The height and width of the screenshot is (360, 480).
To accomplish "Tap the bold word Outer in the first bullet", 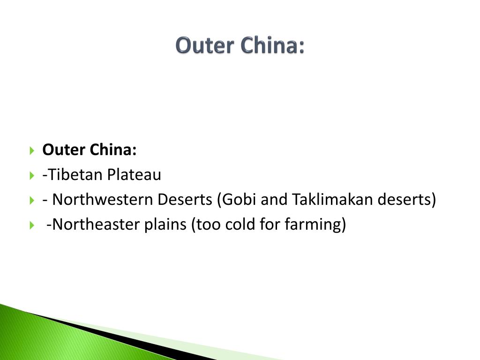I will (x=62, y=150).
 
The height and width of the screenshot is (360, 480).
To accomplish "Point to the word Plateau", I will (x=134, y=175).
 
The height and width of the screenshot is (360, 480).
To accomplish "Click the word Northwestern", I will (x=103, y=200).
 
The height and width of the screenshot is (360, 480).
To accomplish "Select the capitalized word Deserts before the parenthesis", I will (x=185, y=200).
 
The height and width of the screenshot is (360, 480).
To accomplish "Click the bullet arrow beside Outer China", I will (x=32, y=151).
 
